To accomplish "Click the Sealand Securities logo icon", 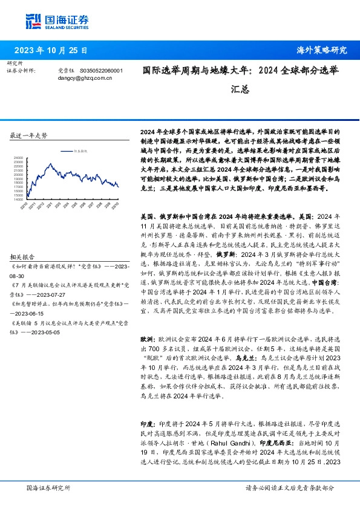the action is [x=34, y=20].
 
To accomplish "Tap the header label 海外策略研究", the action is [x=322, y=50].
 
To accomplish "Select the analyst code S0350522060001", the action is [x=100, y=70].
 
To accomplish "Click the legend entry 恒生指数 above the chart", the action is [x=80, y=149].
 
